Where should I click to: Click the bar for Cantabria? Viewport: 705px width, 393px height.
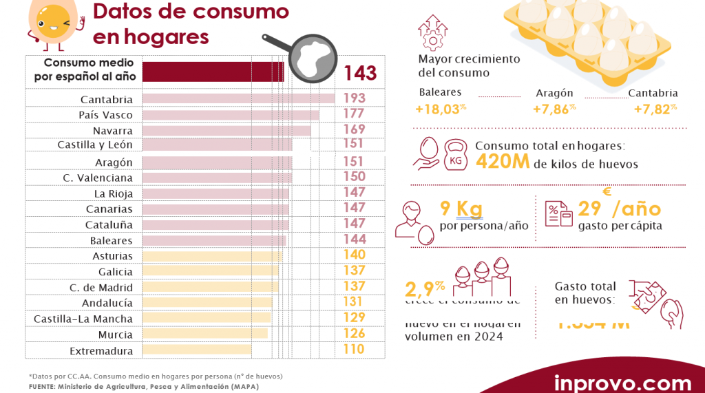pyautogui.click(x=238, y=99)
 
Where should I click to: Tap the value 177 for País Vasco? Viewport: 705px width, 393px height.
pyautogui.click(x=353, y=114)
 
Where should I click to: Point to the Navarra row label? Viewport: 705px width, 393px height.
pyautogui.click(x=113, y=130)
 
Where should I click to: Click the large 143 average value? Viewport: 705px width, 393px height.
pyautogui.click(x=360, y=73)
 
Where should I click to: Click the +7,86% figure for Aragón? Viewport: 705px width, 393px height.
pyautogui.click(x=554, y=109)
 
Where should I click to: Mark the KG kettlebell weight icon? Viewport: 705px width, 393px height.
pyautogui.click(x=456, y=157)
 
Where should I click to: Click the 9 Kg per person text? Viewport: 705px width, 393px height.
pyautogui.click(x=461, y=209)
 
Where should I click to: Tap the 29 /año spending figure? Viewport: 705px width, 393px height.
pyautogui.click(x=619, y=209)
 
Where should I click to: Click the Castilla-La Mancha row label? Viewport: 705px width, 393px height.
pyautogui.click(x=83, y=319)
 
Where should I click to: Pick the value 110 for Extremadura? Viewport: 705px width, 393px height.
pyautogui.click(x=353, y=350)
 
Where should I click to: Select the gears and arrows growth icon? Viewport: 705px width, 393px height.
pyautogui.click(x=432, y=32)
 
